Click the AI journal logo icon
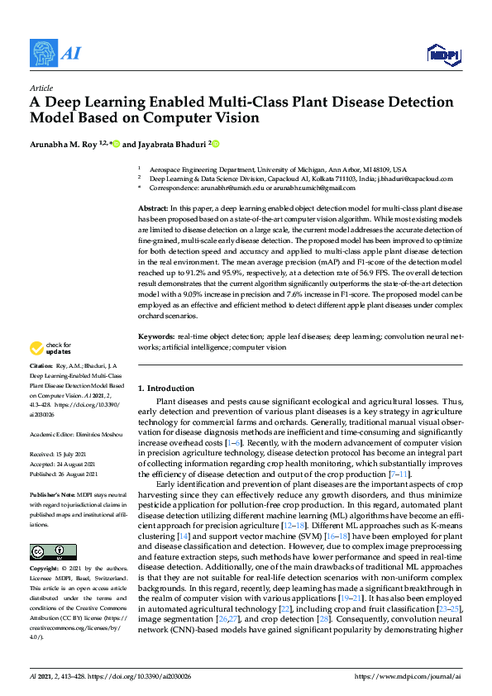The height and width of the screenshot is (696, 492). (42, 52)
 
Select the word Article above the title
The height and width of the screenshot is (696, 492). (41, 88)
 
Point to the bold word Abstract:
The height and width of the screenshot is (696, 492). (153, 208)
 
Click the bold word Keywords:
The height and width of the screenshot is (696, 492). (156, 337)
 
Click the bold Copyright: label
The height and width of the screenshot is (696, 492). (44, 570)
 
